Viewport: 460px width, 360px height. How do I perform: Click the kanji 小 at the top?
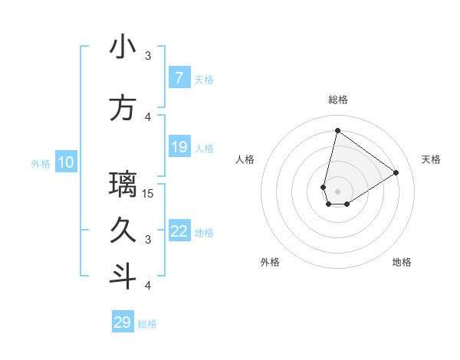123,47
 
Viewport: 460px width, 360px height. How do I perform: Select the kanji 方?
123,107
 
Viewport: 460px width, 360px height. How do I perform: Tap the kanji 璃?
123,184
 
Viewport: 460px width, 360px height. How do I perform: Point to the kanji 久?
123,230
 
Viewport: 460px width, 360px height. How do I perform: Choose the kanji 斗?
123,277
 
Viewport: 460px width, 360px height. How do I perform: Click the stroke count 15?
149,193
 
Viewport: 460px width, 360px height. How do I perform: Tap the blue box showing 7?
179,77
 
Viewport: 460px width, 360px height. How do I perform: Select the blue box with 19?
179,147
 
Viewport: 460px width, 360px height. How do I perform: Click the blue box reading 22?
179,231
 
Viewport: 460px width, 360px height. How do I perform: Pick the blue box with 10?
66,162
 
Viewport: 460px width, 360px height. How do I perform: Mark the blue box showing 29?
123,322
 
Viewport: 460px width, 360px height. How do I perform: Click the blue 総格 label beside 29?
147,324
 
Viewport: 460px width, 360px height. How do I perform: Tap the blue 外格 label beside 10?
41,163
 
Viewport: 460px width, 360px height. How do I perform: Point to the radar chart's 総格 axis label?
337,100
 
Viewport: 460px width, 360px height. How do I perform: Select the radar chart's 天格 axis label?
431,159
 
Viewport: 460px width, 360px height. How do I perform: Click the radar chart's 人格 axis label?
245,159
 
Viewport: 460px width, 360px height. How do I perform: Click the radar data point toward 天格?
396,172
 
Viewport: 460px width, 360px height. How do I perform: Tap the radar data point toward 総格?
337,130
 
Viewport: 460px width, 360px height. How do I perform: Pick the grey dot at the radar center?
337,191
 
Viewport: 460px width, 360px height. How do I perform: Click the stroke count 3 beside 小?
149,55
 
